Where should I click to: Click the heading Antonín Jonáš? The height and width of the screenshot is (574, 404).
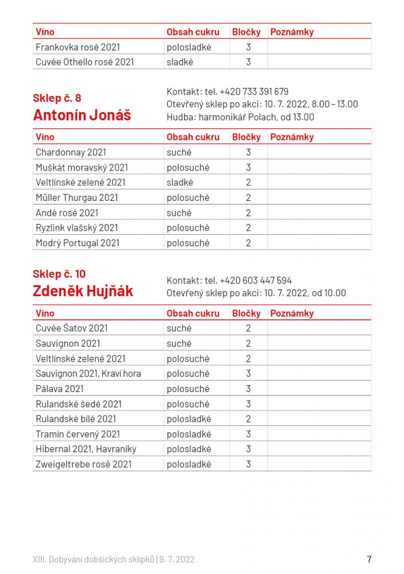coord(82,115)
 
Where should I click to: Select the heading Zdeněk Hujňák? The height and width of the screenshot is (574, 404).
coord(83,292)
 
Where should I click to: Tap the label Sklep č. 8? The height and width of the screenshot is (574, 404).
coord(57,98)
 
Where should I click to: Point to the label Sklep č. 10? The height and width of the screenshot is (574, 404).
coord(59,274)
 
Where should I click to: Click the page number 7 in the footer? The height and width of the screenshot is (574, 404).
coord(369,559)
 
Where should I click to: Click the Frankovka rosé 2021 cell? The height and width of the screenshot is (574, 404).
coord(77,47)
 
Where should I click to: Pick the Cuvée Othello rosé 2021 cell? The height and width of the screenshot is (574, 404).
coord(84,62)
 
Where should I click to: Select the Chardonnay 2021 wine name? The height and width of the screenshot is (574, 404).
coord(70,153)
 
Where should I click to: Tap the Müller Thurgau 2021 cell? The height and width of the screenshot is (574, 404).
coord(77,197)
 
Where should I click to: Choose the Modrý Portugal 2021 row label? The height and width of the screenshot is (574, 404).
coord(77,243)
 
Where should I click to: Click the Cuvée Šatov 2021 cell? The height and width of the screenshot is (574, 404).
coord(72,328)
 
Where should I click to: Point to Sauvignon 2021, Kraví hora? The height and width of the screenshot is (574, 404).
coord(88,374)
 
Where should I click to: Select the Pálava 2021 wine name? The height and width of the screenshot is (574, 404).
coord(60,389)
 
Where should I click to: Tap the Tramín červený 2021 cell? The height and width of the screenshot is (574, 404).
coord(77,434)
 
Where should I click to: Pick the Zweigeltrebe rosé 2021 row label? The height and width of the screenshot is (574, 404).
coord(83,464)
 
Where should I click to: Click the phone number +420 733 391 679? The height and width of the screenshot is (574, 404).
coord(254,92)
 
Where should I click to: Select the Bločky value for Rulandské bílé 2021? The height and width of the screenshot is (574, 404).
coord(248,419)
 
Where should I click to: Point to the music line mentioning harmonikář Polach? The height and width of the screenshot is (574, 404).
coord(240,117)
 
